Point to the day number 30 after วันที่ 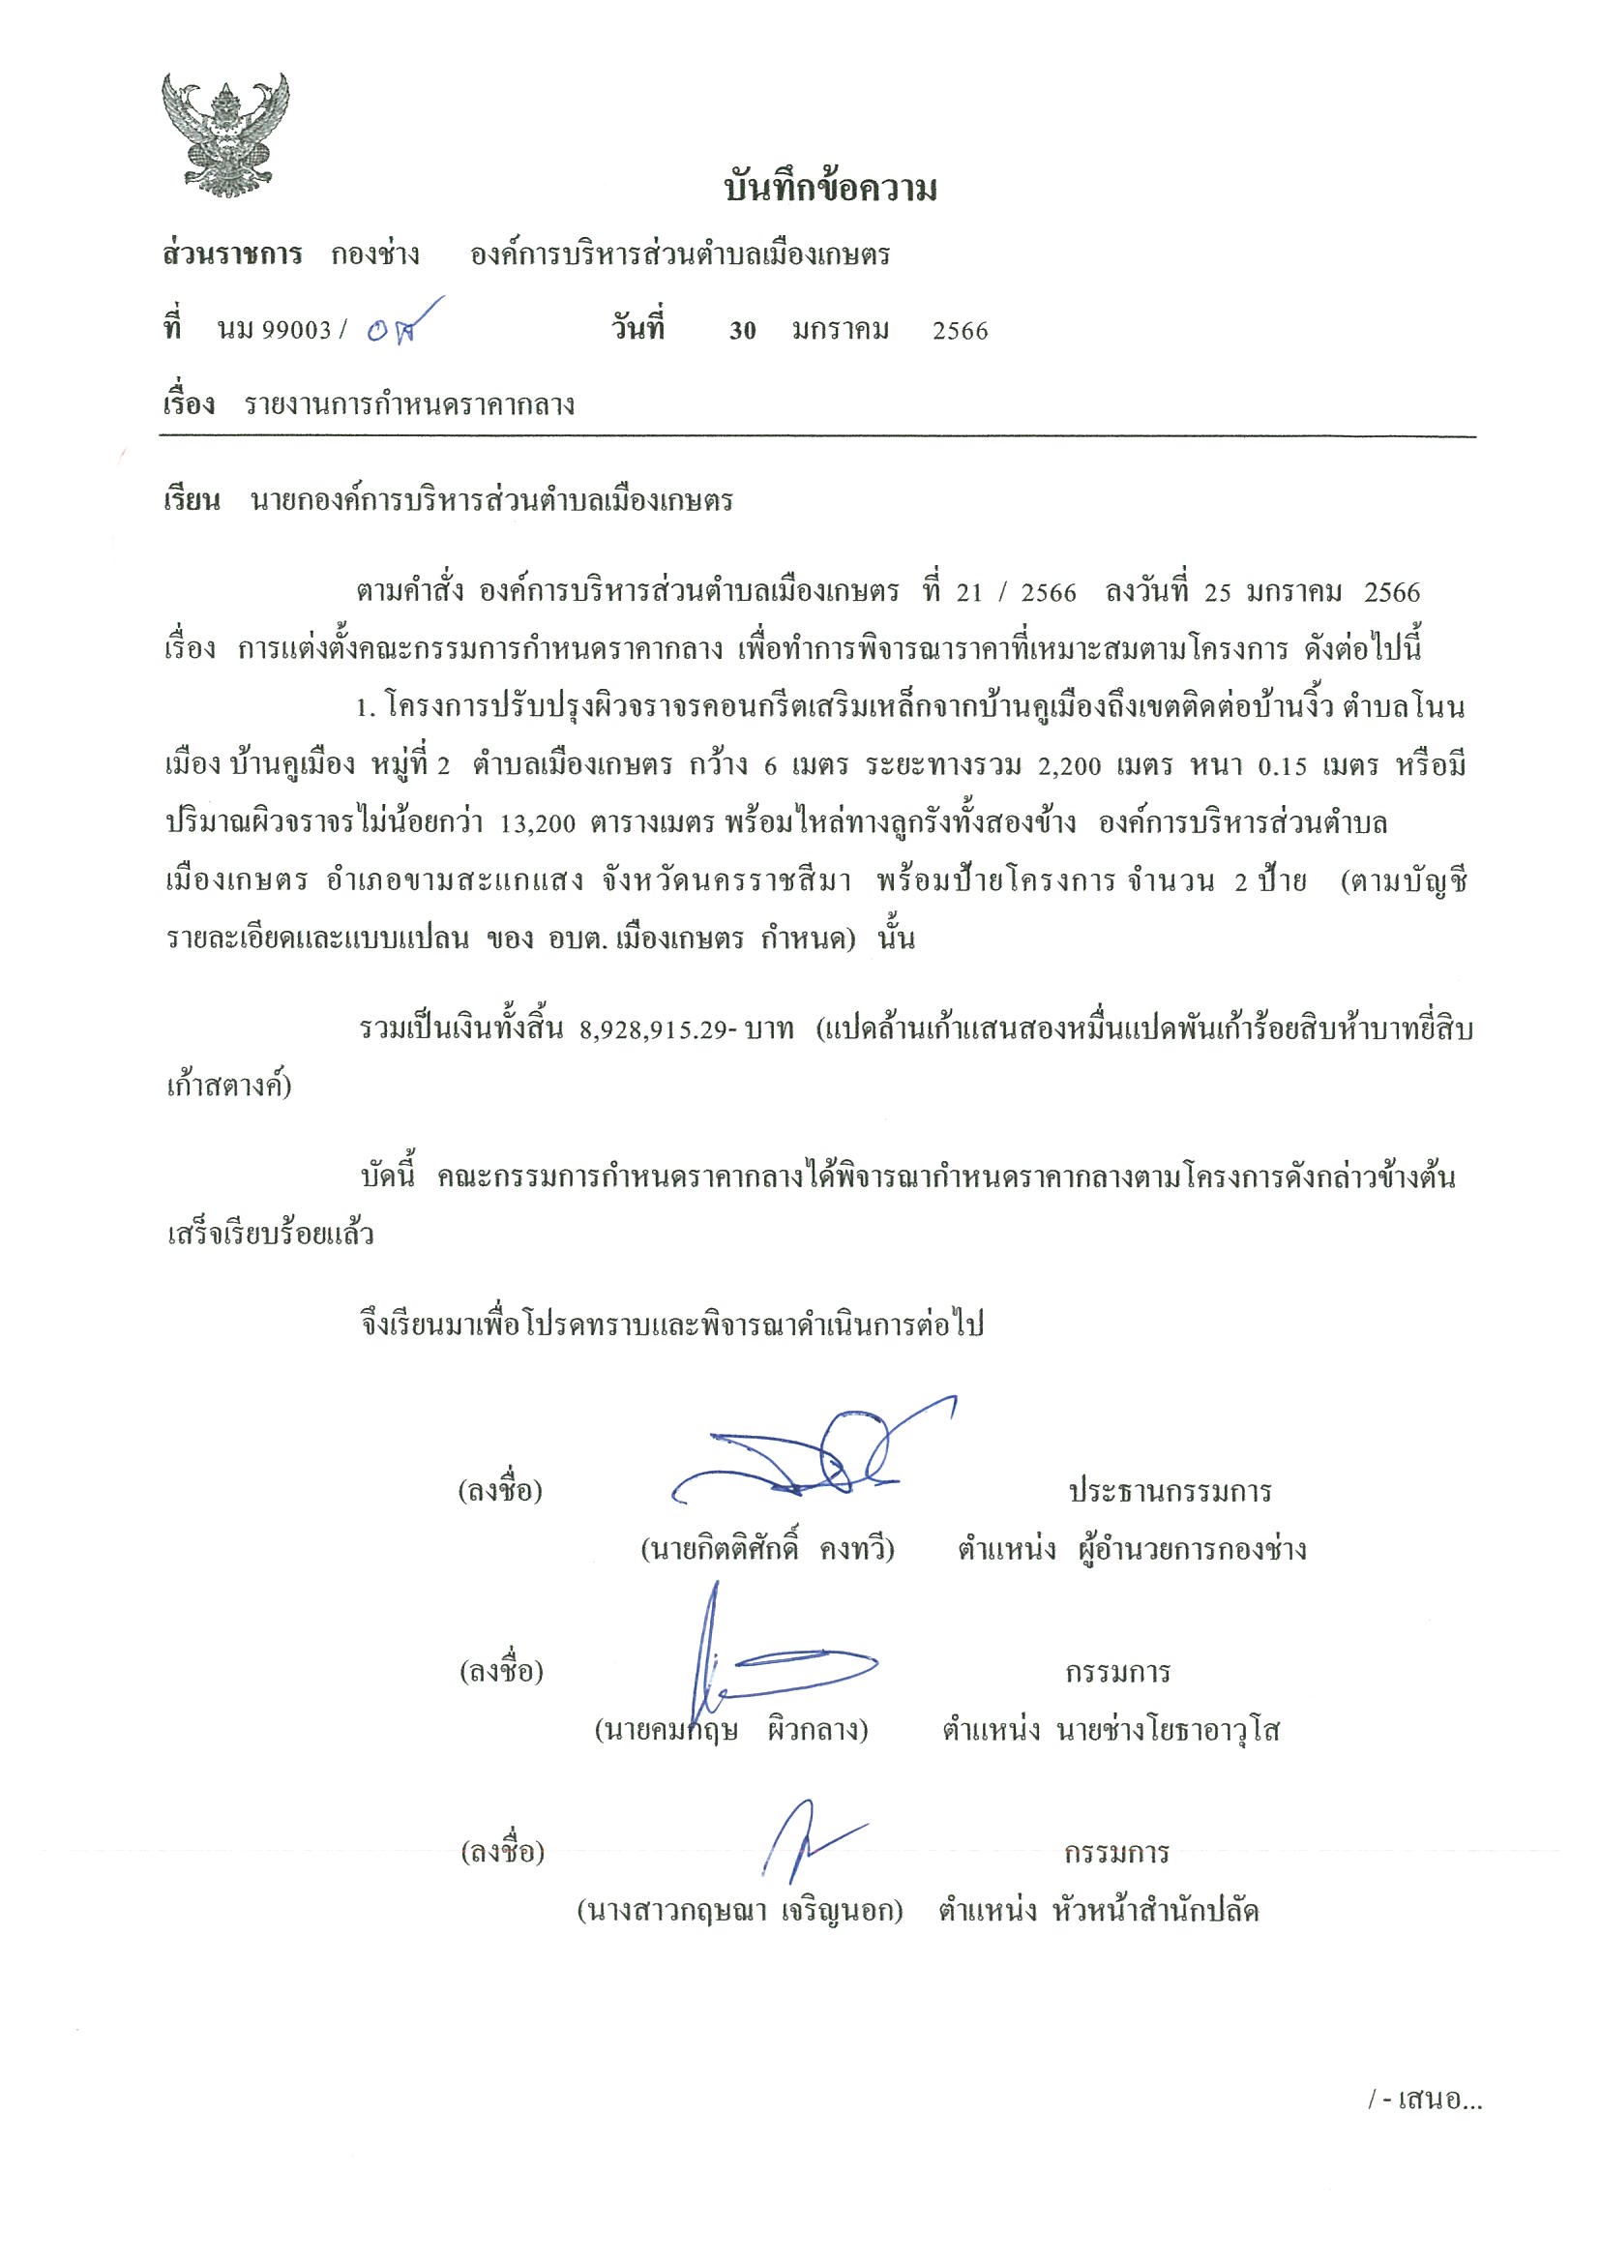pyautogui.click(x=742, y=331)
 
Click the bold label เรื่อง pyautogui.click(x=189, y=404)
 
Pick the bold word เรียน pyautogui.click(x=193, y=502)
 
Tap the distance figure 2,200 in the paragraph pyautogui.click(x=1069, y=766)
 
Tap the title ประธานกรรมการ pyautogui.click(x=1170, y=1491)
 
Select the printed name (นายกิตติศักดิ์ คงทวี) pyautogui.click(x=767, y=1549)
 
